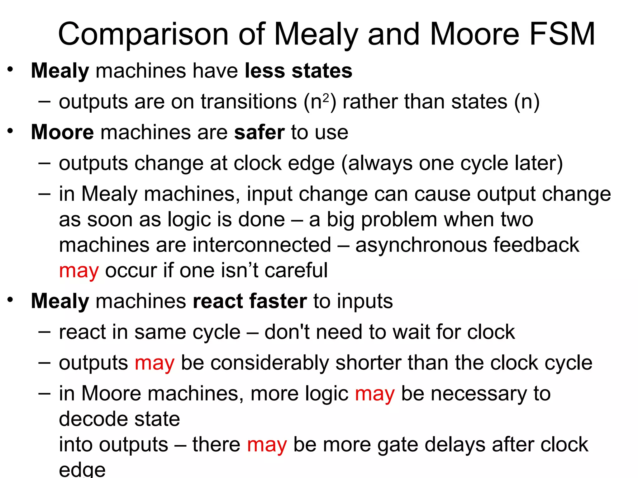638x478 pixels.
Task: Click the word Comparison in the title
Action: [x=144, y=34]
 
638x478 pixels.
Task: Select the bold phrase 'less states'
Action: [x=298, y=71]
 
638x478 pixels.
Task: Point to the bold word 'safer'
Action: [x=259, y=132]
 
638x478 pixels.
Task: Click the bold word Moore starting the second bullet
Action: [x=62, y=132]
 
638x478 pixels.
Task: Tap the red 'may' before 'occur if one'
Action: [x=79, y=271]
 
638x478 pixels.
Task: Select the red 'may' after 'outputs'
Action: [x=155, y=363]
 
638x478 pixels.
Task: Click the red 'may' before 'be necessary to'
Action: [x=375, y=394]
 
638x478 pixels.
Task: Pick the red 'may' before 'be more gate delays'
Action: [x=267, y=445]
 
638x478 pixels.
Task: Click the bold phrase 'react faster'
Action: [x=250, y=301]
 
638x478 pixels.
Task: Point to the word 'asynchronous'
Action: [x=421, y=245]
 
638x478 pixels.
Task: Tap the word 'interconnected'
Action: [x=262, y=245]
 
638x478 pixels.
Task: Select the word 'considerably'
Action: [x=269, y=363]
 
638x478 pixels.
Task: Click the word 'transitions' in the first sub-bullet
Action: [x=249, y=102]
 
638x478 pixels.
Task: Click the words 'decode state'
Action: [x=119, y=419]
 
